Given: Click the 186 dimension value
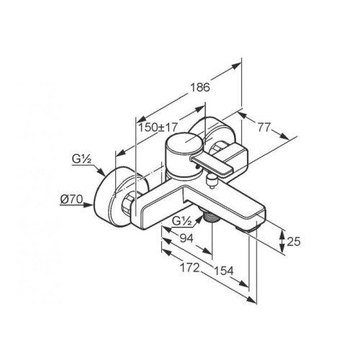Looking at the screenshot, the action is tap(200, 87).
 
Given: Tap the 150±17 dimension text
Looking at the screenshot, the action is tap(158, 127).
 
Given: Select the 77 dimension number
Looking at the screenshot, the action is tap(264, 127).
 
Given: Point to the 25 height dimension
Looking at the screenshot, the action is tap(294, 241).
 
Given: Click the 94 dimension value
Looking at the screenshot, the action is tap(186, 238).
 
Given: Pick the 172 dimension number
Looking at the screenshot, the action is tap(189, 268).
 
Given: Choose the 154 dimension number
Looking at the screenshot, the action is tap(223, 271).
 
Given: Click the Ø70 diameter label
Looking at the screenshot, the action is tap(71, 199).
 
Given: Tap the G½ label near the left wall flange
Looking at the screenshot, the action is tap(81, 159).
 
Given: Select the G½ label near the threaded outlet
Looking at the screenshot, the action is tap(181, 222).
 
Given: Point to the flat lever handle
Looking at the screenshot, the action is tap(211, 166).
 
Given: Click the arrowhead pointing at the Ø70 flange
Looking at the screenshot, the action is tap(89, 204).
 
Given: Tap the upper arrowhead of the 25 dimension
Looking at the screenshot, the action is tap(283, 233).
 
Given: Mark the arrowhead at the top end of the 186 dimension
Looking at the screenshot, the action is tap(236, 66).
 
